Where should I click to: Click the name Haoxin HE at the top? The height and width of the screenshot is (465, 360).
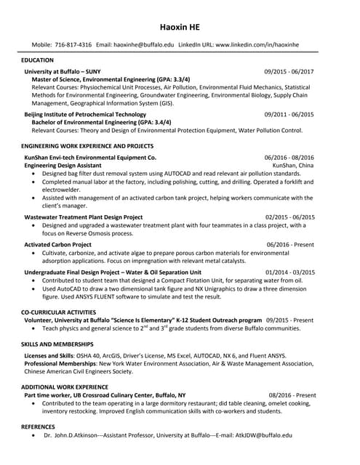click(180, 27)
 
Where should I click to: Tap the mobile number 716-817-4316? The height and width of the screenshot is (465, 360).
click(73, 45)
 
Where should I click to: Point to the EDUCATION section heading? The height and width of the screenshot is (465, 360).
click(38, 60)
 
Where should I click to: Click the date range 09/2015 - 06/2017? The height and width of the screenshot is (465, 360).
click(289, 72)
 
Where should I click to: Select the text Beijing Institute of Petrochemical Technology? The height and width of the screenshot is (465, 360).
click(85, 115)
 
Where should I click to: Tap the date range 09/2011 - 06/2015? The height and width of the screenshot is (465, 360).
click(289, 115)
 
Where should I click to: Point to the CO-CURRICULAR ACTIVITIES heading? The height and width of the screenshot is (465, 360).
click(59, 312)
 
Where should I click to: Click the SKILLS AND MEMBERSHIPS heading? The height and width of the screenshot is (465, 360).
click(57, 343)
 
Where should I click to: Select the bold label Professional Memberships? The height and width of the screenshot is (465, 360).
click(60, 363)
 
